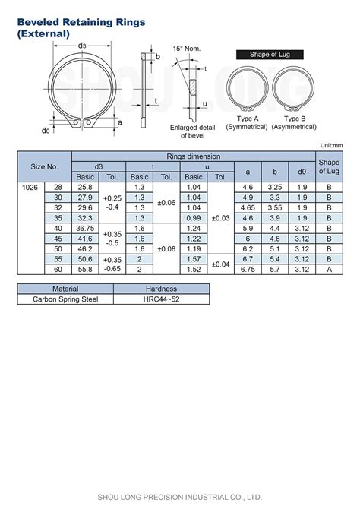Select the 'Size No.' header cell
[44, 166]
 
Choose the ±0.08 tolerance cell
[166, 248]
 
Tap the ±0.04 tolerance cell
[220, 264]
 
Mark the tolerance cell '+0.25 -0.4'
[112, 202]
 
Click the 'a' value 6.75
[247, 269]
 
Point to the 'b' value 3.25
[275, 187]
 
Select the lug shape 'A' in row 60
[329, 269]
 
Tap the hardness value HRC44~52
[161, 299]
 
